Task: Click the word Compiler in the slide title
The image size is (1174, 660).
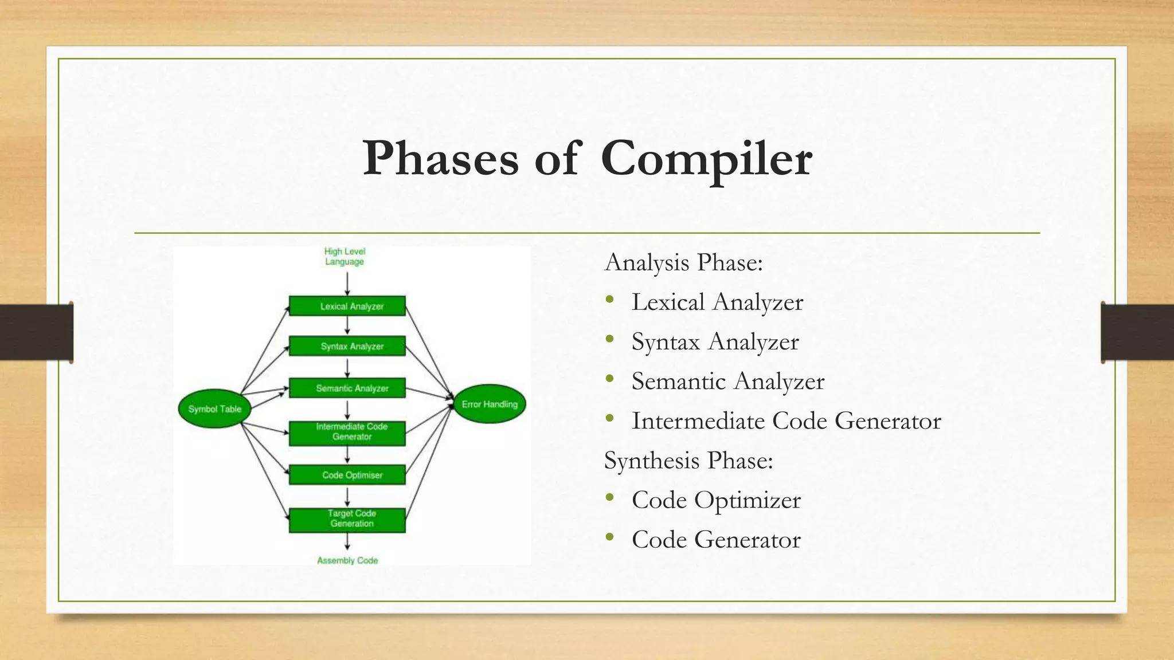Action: pos(706,159)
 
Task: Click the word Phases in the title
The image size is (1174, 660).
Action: pos(440,159)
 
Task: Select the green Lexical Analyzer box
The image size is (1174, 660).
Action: pos(347,306)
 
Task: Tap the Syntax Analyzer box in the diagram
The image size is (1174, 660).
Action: pos(347,346)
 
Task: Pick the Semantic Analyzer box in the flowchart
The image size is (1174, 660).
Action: pos(347,388)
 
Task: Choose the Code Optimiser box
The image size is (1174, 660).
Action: pos(347,475)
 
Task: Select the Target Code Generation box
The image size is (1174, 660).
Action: pos(347,520)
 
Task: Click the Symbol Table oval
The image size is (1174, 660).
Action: pos(214,408)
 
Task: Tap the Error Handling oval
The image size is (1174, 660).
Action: pos(490,404)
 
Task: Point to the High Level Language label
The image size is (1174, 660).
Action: pos(345,257)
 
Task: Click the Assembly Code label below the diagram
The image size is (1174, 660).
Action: pos(347,560)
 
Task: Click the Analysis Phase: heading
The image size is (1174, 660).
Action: pos(684,262)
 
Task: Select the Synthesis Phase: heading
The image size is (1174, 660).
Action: pos(688,460)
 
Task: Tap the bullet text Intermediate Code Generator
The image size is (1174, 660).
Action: pos(786,421)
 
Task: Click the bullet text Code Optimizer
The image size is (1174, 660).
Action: pos(716,500)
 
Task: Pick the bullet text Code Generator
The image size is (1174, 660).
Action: pos(716,539)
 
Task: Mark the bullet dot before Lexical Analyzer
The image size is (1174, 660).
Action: pos(609,300)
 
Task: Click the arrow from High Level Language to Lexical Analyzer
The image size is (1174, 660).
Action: pos(347,284)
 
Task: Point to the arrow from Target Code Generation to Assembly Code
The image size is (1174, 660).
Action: pos(347,542)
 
